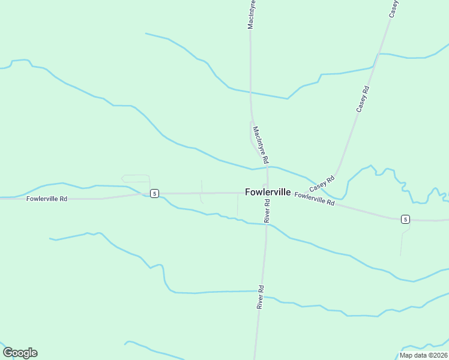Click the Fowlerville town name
268,193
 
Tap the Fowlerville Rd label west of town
47,198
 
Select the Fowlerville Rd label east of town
315,199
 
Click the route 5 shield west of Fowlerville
154,193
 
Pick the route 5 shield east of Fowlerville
406,219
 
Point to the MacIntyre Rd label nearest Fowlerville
260,145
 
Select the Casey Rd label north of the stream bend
363,99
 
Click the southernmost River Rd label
261,296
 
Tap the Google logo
20,353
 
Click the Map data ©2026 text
423,355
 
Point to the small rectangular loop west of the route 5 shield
136,178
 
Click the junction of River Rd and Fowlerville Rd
267,193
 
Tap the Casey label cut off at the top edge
394,8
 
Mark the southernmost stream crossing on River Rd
259,292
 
